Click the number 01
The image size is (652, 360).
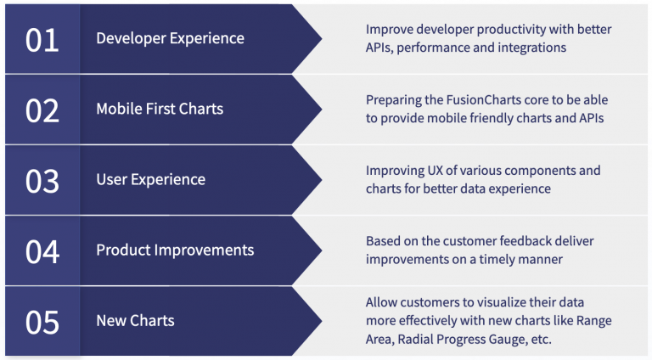pos(42,39)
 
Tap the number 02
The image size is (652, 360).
pos(42,110)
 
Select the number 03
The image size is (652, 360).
pos(42,180)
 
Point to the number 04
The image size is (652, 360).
pos(42,250)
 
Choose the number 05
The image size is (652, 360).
pos(42,321)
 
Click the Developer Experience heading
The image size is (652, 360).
pos(170,39)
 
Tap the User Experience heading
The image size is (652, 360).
pos(150,180)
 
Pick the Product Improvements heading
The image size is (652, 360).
pos(175,250)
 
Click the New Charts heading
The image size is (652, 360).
pos(135,321)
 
